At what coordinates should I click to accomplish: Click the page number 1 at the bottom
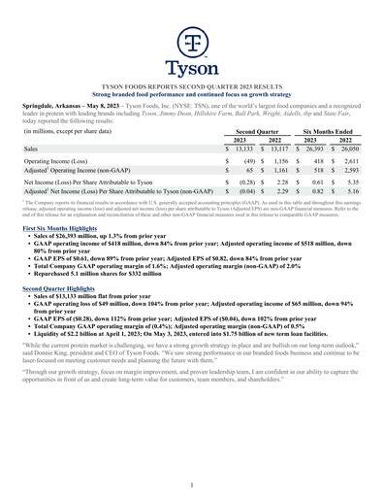(192, 481)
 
